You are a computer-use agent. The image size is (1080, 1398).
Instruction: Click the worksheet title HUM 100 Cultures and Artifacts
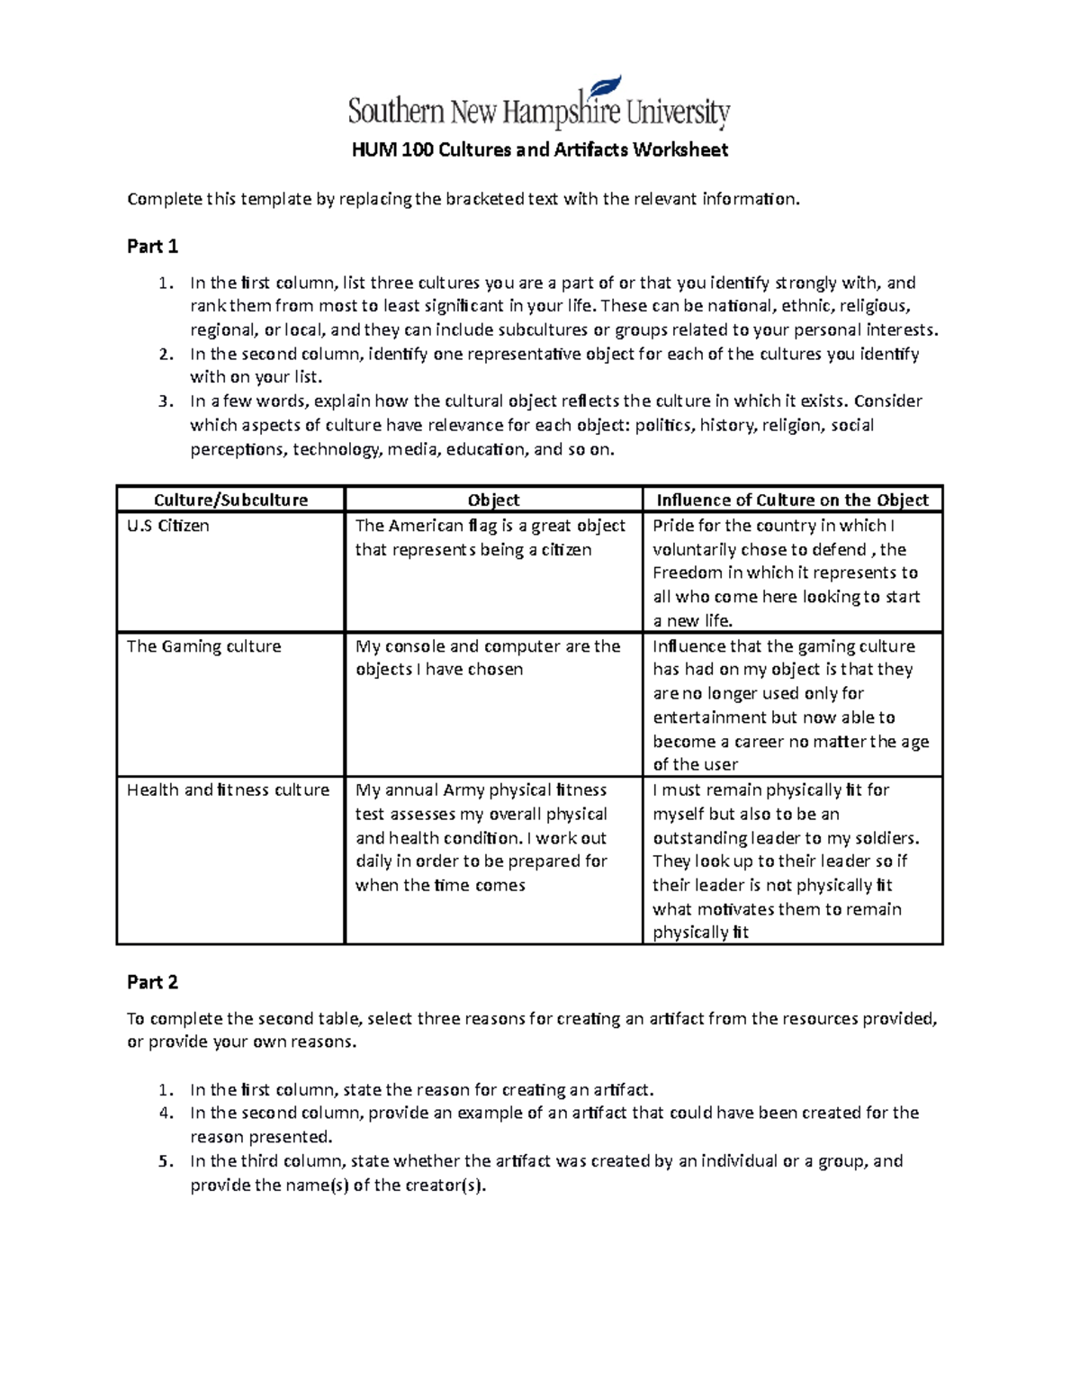(539, 149)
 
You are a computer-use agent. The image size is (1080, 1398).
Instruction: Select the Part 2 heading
(152, 982)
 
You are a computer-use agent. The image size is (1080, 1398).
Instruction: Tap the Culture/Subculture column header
(230, 500)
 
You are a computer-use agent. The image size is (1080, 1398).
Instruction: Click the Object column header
(493, 500)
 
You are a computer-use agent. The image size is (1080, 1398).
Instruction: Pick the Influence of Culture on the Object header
(792, 500)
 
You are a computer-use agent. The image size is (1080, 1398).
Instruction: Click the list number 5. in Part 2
(165, 1161)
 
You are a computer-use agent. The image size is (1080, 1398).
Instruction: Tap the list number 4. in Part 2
(165, 1114)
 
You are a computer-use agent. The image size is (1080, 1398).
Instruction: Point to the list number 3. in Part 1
(165, 401)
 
